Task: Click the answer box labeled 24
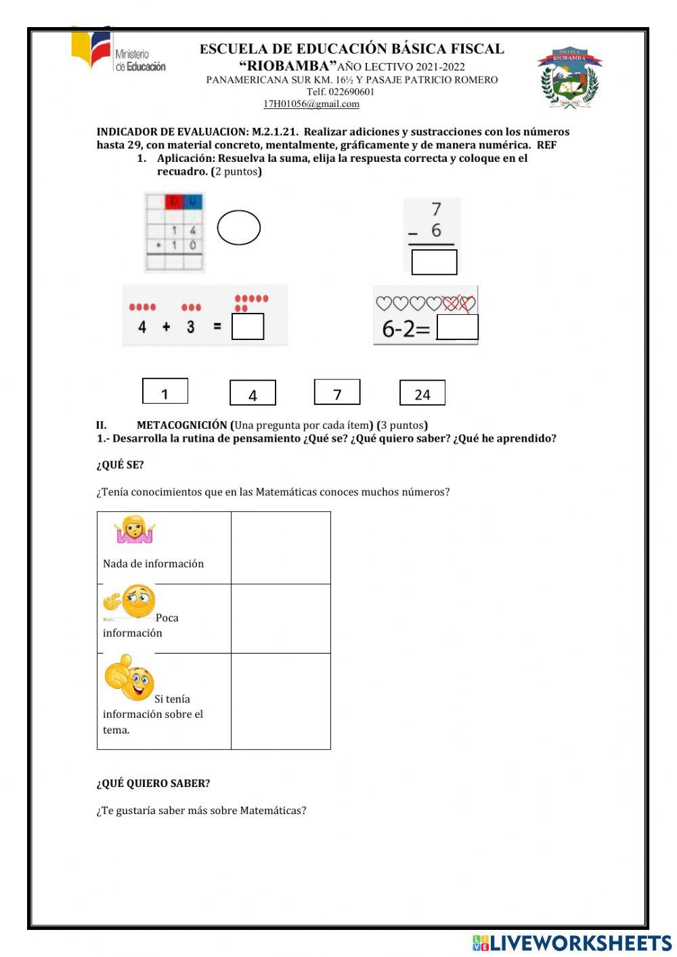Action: [x=422, y=393]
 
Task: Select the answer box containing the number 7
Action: [x=337, y=392]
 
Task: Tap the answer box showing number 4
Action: [x=253, y=393]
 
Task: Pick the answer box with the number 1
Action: [x=165, y=391]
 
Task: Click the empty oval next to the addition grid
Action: [x=239, y=228]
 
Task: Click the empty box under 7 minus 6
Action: [x=434, y=262]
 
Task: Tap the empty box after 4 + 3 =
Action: [x=248, y=326]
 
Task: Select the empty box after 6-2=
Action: [x=458, y=327]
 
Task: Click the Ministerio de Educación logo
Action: [x=118, y=52]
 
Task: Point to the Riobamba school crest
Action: [x=569, y=78]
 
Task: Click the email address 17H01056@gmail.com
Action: [x=311, y=104]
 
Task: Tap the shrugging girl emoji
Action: [x=135, y=530]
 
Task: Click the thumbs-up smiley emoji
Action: [x=129, y=678]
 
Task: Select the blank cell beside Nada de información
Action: [x=281, y=547]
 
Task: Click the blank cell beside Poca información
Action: [x=281, y=618]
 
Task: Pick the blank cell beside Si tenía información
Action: [x=281, y=701]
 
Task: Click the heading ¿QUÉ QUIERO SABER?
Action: [x=153, y=783]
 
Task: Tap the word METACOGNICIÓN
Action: [x=182, y=425]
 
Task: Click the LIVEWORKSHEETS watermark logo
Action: [x=572, y=943]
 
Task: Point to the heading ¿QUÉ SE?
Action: [x=120, y=465]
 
